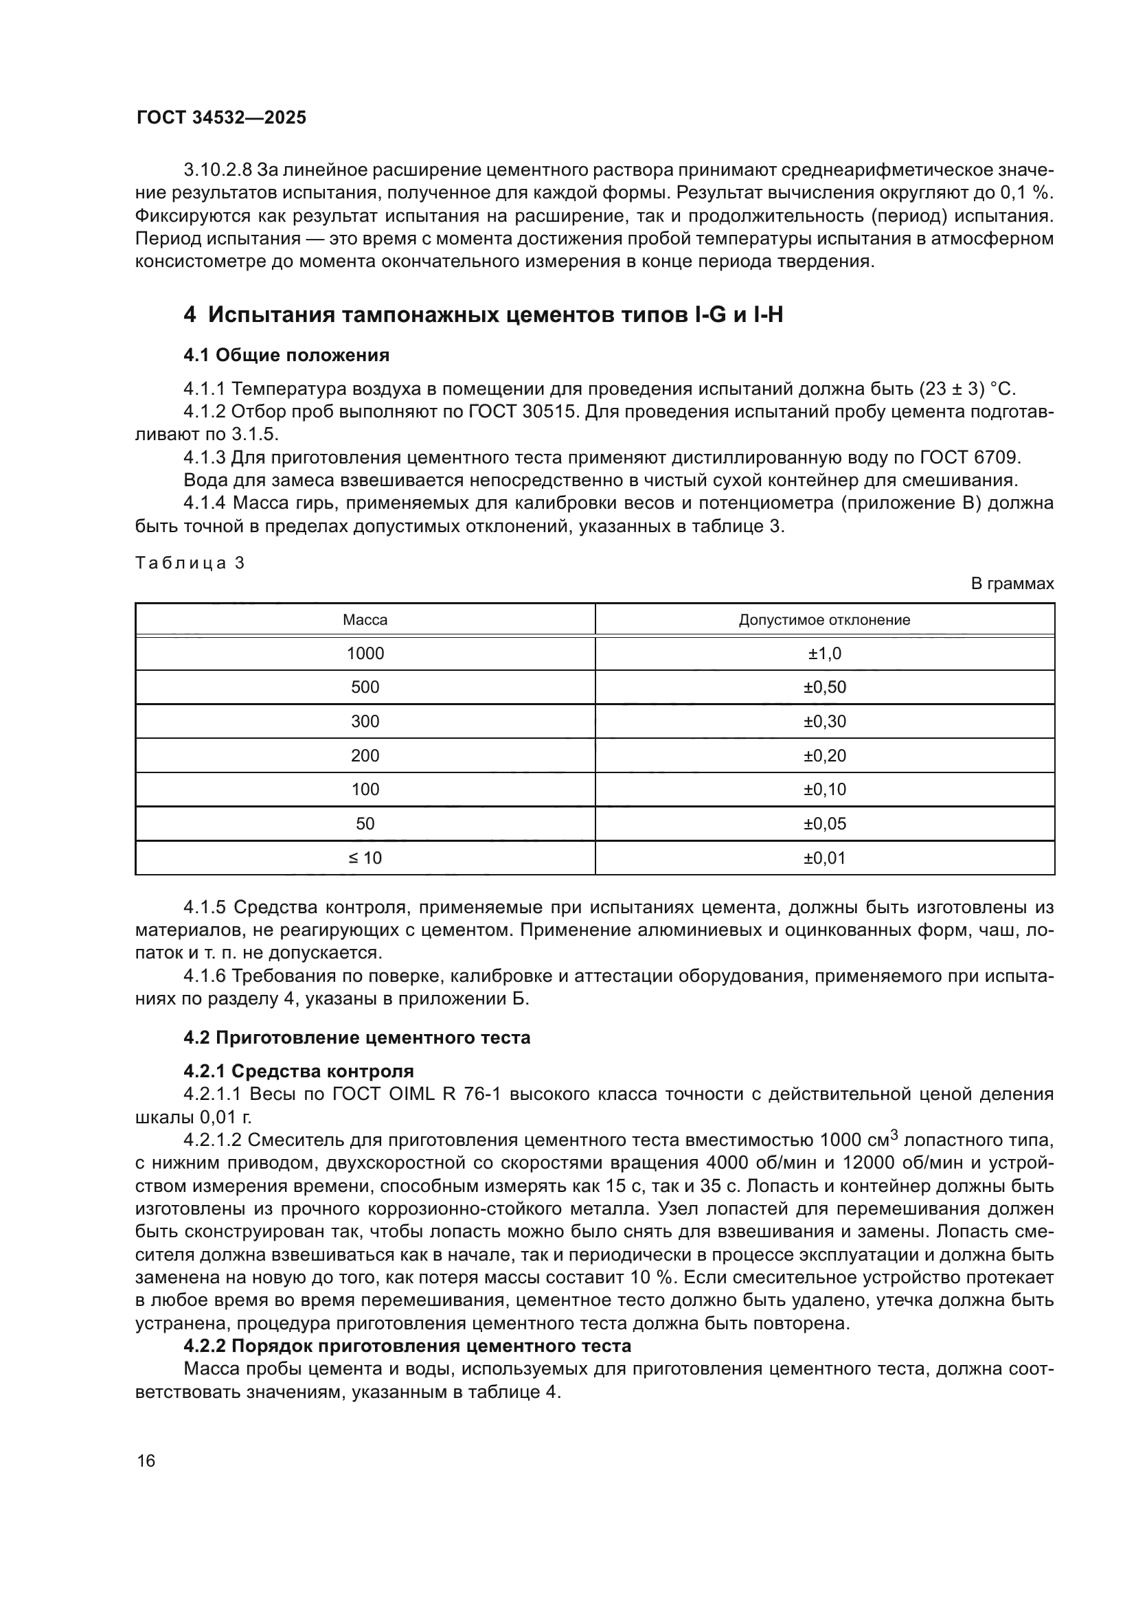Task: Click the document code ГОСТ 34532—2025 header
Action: coord(221,117)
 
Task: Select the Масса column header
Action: coord(365,620)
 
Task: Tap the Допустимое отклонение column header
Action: coord(824,620)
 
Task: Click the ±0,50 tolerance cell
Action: coord(824,687)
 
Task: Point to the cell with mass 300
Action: coord(365,721)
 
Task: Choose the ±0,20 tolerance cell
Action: coord(824,755)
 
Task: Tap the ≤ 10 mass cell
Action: coord(365,858)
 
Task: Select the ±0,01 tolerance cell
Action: coord(824,858)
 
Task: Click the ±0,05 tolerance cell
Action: coord(824,823)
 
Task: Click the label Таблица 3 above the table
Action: coord(190,563)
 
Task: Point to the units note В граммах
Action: coord(1012,584)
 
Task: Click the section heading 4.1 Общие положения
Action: coord(286,356)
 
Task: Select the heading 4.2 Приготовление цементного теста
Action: coord(356,1037)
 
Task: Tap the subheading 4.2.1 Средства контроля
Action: coord(299,1071)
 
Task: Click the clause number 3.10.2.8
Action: coord(218,170)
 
